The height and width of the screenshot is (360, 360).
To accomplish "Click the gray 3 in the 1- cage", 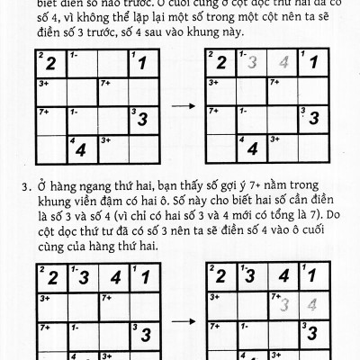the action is (x=255, y=63).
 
